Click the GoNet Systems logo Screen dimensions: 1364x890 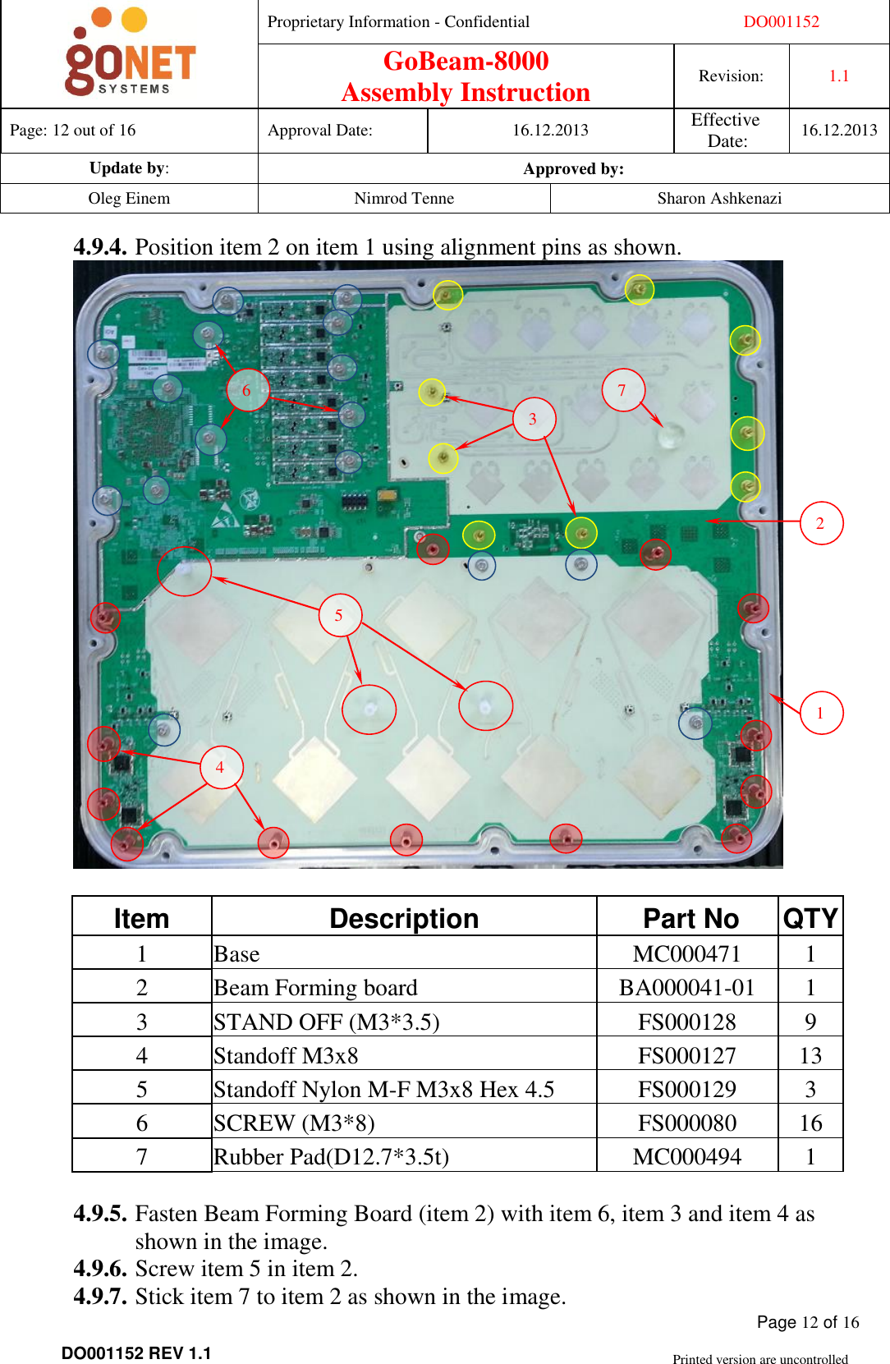pos(130,53)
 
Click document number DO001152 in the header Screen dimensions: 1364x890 pos(781,22)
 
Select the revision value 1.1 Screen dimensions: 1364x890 pos(838,76)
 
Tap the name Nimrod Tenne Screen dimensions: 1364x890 pos(404,199)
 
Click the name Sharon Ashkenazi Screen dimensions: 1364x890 pos(719,199)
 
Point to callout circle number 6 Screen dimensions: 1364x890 pos(246,390)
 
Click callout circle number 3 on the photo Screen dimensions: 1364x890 pos(533,419)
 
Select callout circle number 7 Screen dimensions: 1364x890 pos(622,390)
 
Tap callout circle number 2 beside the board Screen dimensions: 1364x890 pos(820,523)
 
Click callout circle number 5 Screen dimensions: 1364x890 pos(338,615)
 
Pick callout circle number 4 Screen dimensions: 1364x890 pos(220,767)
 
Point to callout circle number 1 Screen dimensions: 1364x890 pos(820,713)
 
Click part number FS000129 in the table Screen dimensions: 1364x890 pos(687,1090)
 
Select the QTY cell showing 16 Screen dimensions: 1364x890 pos(810,1123)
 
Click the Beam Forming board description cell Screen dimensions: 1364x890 pos(316,988)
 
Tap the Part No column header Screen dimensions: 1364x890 pos(690,918)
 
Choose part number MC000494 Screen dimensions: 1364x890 pos(687,1157)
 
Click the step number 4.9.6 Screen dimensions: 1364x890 pos(99,1269)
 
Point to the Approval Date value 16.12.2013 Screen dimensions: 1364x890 pos(550,131)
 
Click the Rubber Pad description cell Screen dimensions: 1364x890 pos(332,1157)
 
